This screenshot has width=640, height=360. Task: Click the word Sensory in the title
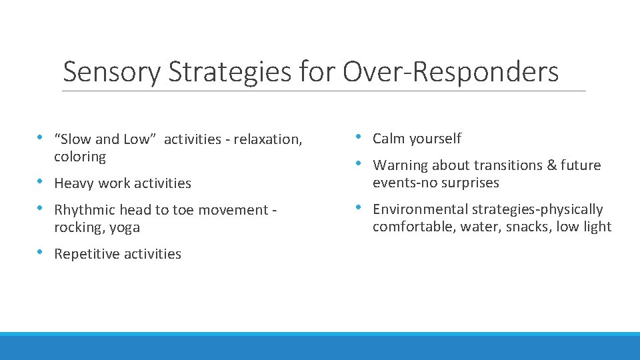111,72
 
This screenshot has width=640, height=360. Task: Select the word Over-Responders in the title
451,72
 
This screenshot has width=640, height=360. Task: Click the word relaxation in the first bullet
265,139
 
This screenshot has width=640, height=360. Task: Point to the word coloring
80,157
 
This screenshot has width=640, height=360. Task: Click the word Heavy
73,183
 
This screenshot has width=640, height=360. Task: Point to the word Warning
400,165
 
